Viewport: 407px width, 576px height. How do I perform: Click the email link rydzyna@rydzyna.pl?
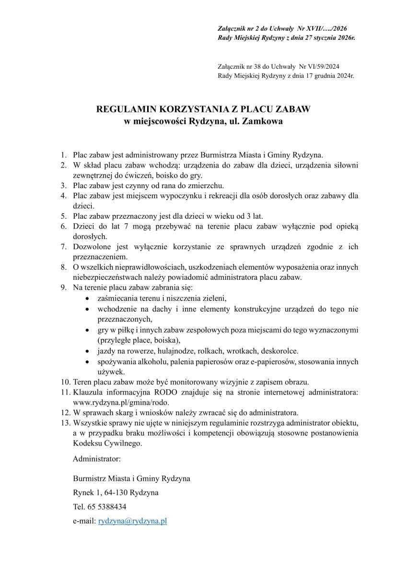tap(132, 521)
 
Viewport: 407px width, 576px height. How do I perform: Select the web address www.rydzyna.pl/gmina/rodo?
tap(121, 402)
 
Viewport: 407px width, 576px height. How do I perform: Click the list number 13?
tap(65, 423)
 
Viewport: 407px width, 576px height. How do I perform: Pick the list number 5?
tap(63, 216)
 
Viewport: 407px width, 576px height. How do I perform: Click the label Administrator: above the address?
tap(96, 459)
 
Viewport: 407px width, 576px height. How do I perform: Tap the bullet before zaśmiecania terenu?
tap(86, 299)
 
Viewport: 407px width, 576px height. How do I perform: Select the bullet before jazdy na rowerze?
tap(86, 351)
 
